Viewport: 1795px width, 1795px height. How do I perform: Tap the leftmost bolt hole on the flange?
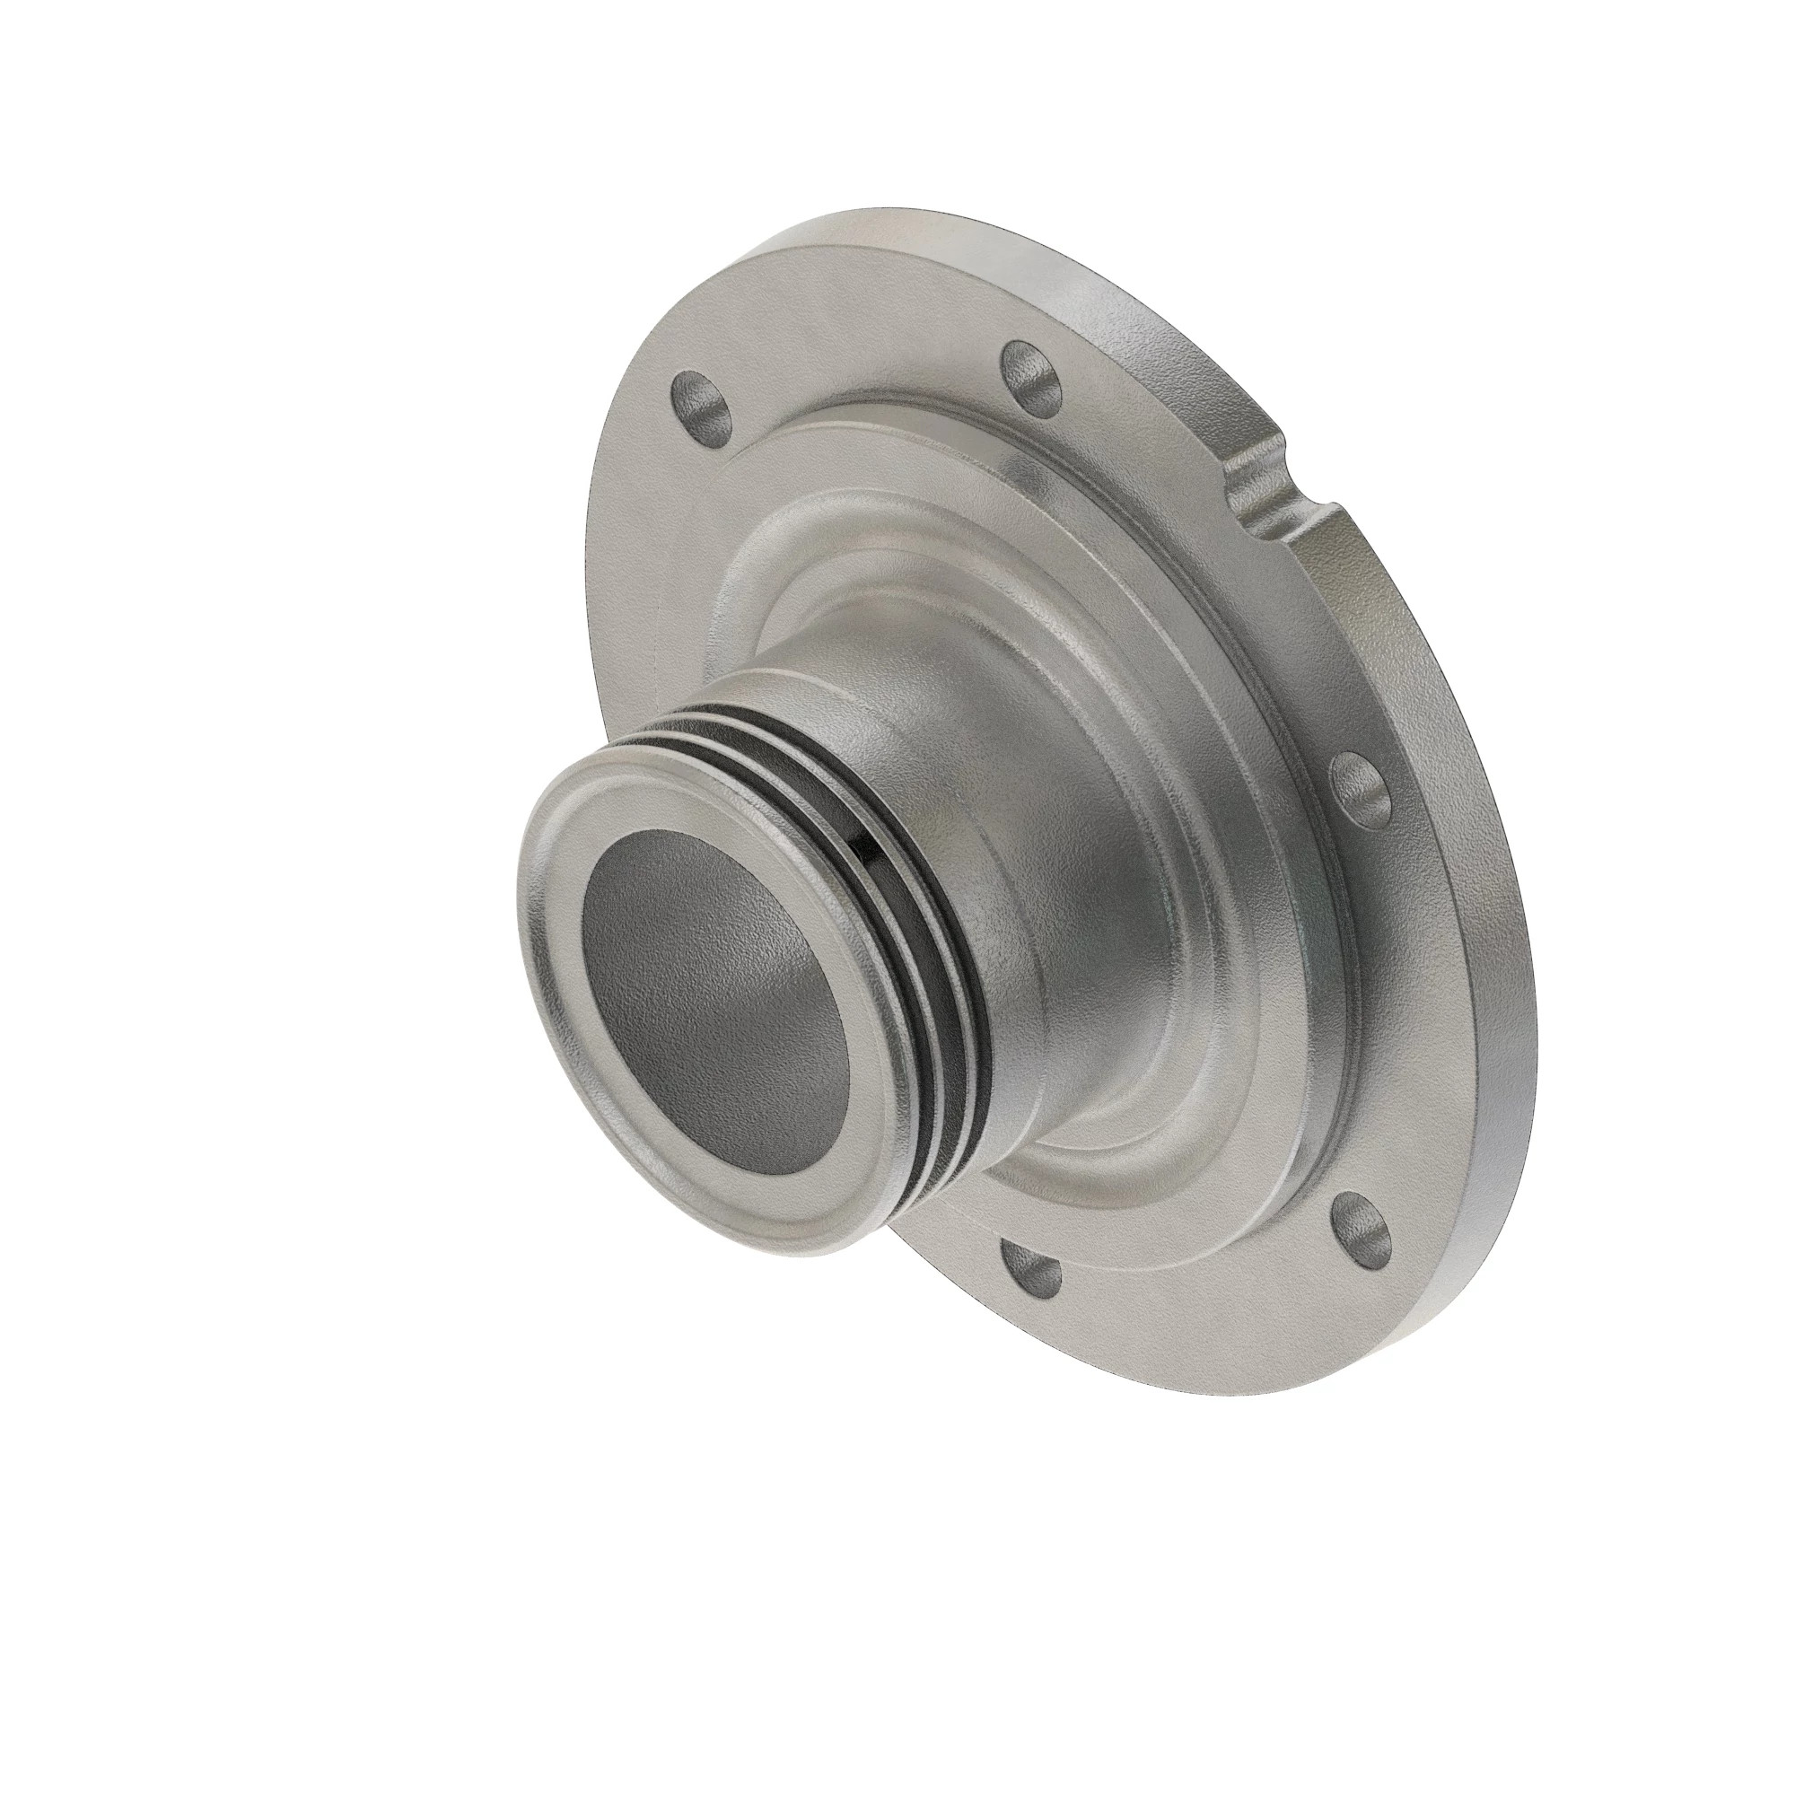(698, 407)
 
